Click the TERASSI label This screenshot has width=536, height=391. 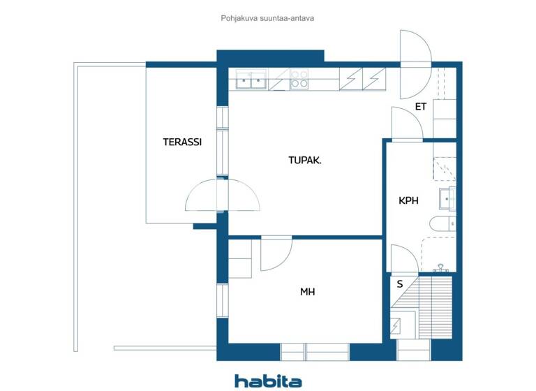[182, 142]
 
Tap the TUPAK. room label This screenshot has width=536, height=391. [305, 160]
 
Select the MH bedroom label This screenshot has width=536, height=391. [307, 292]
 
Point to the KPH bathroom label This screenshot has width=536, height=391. [408, 200]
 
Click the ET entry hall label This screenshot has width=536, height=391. [421, 107]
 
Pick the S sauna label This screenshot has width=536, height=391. [400, 284]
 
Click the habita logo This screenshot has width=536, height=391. [268, 381]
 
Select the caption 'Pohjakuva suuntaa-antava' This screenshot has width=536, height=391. [267, 18]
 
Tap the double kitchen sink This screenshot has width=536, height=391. [251, 81]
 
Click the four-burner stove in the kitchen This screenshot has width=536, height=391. [299, 79]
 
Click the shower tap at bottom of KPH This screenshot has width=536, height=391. [440, 267]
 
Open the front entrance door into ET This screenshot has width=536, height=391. [416, 65]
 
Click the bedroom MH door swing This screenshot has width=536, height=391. [275, 253]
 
